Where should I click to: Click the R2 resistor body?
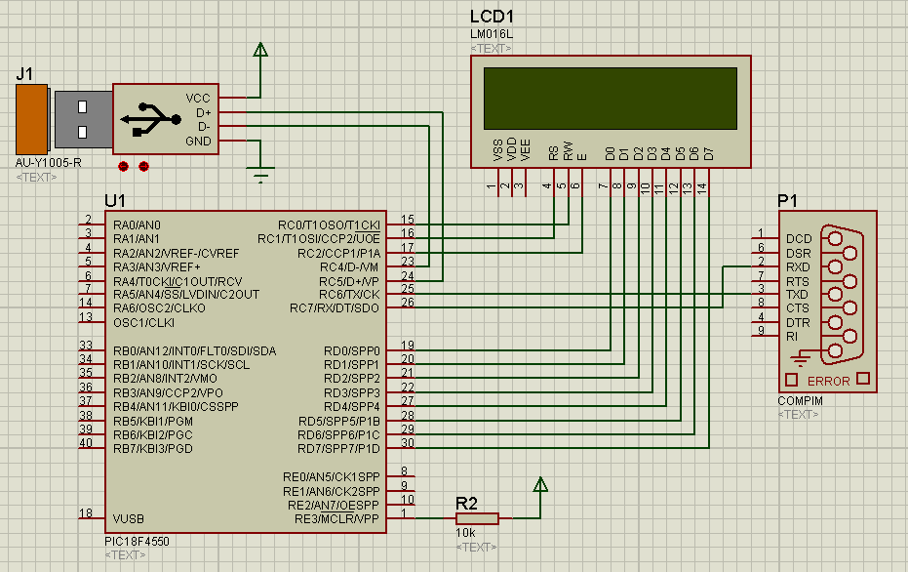click(x=477, y=518)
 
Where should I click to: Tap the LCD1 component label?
click(x=492, y=17)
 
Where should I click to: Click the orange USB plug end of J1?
click(x=31, y=119)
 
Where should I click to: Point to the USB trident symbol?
click(x=149, y=118)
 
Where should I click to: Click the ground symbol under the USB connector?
click(x=260, y=176)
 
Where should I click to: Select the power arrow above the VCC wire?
click(x=260, y=52)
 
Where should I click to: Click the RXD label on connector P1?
click(x=797, y=266)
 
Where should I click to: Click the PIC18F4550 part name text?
click(x=142, y=541)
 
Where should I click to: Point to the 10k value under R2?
click(x=466, y=533)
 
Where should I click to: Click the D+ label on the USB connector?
click(x=203, y=112)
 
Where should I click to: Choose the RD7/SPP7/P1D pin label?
click(x=338, y=448)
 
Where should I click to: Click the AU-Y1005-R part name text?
click(x=49, y=163)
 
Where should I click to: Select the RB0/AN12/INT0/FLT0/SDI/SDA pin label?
click(x=194, y=350)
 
